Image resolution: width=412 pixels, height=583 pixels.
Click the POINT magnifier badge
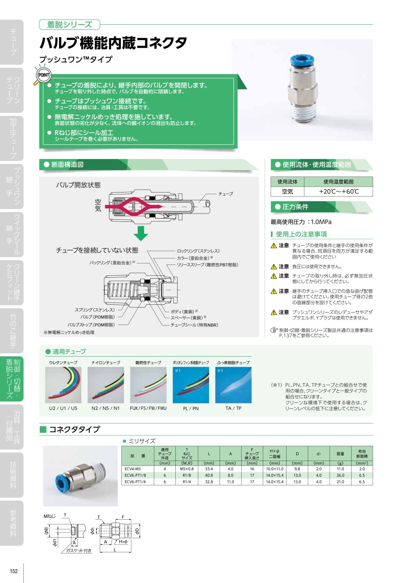(x=43, y=76)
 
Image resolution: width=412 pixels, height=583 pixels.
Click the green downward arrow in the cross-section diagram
(x=141, y=233)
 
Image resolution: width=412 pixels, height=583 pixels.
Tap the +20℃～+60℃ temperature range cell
(x=338, y=192)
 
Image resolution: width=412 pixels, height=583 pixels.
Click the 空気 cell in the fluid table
(x=287, y=192)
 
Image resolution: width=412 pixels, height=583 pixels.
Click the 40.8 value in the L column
(x=209, y=475)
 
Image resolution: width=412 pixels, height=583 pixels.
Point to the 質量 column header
(x=340, y=454)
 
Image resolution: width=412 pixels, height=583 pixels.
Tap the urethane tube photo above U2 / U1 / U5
(x=63, y=385)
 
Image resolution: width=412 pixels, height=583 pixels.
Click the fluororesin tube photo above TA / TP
(x=233, y=385)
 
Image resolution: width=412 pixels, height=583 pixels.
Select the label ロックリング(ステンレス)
(x=198, y=251)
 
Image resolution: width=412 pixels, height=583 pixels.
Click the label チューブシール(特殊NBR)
(x=194, y=325)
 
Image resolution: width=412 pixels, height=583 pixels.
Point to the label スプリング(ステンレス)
(x=95, y=310)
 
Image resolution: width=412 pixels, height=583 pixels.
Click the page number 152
(x=14, y=571)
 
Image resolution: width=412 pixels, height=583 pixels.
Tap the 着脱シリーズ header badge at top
(x=70, y=24)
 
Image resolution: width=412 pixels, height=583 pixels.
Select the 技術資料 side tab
(x=13, y=475)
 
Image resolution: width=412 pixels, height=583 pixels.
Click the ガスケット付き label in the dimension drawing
(x=79, y=550)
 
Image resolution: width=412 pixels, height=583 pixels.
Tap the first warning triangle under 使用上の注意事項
(x=274, y=246)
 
